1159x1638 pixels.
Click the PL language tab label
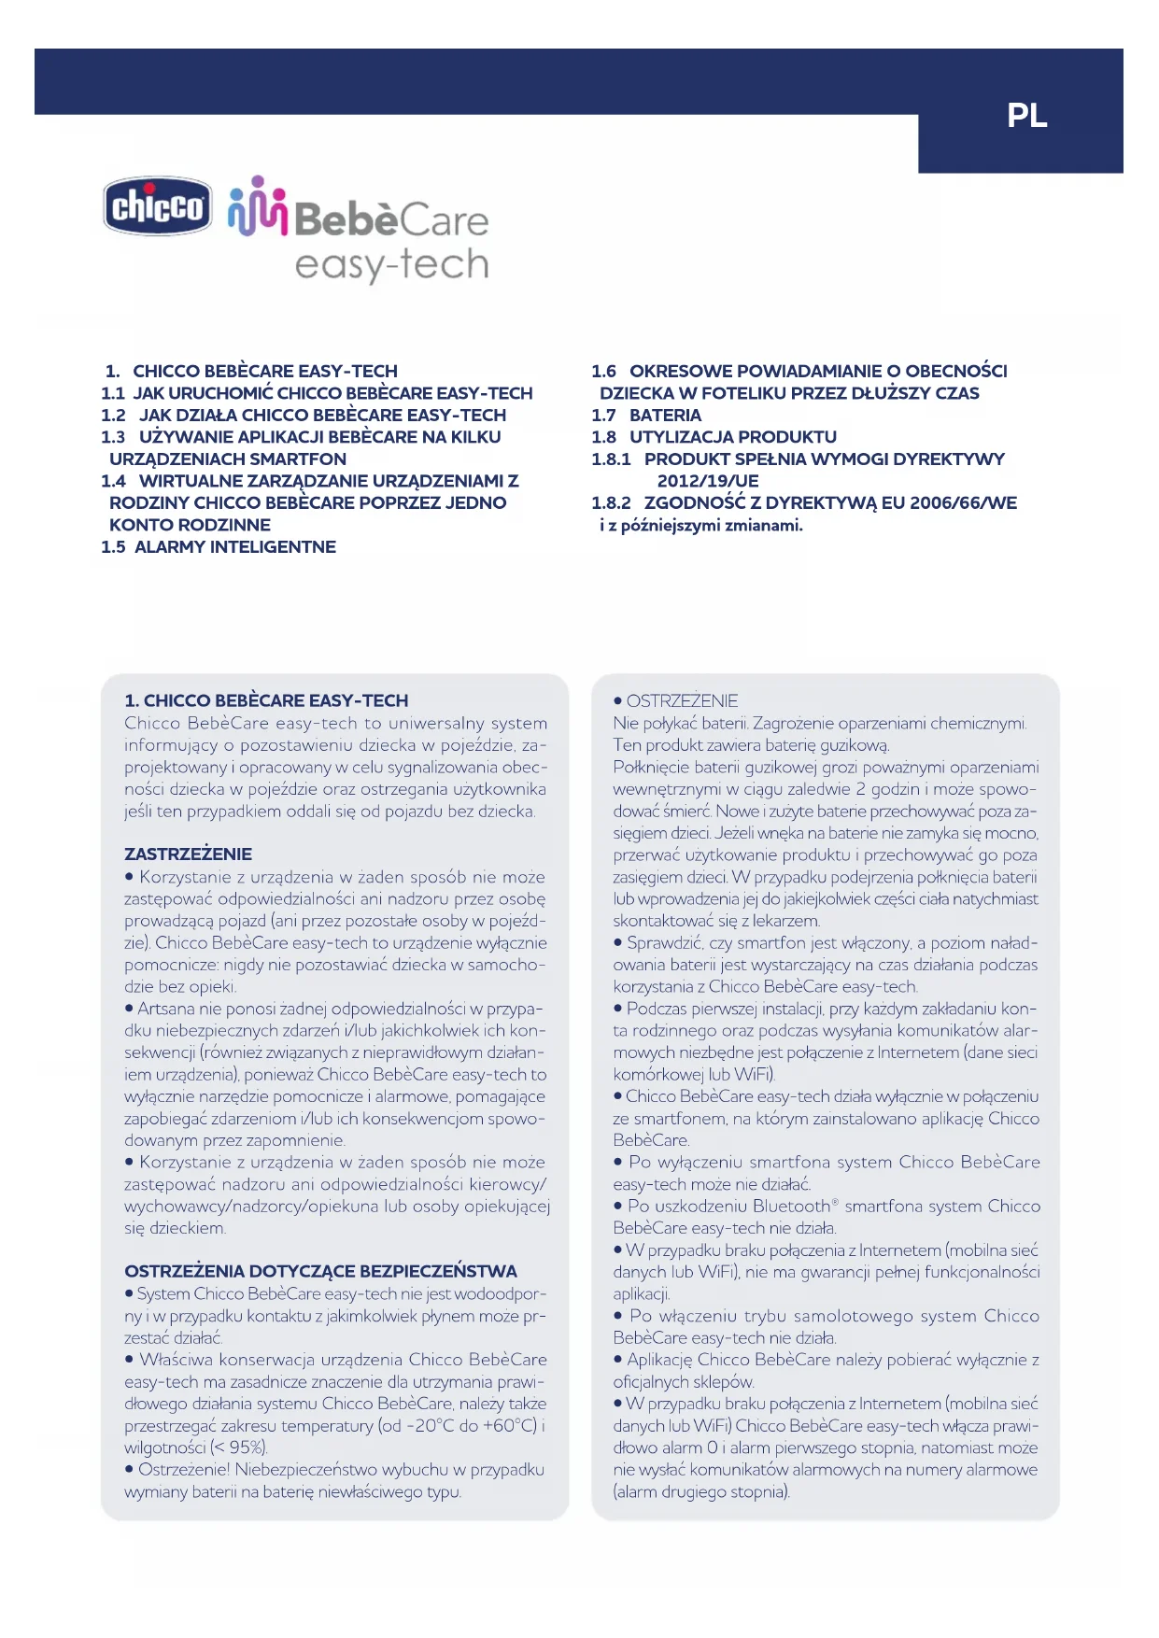[x=1026, y=116]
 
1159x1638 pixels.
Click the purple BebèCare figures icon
[x=257, y=206]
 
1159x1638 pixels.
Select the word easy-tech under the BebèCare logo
[x=391, y=265]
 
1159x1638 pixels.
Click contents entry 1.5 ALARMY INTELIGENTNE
[x=219, y=547]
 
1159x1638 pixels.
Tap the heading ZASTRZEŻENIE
[x=189, y=854]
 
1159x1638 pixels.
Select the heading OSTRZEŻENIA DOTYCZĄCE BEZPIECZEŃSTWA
[x=320, y=1272]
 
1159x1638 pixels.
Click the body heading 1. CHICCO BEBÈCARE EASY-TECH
[x=266, y=701]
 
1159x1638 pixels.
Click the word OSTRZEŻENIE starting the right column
[x=682, y=701]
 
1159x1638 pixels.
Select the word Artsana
[x=166, y=1009]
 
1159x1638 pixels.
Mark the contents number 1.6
[x=603, y=372]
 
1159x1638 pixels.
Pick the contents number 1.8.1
[x=611, y=459]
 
